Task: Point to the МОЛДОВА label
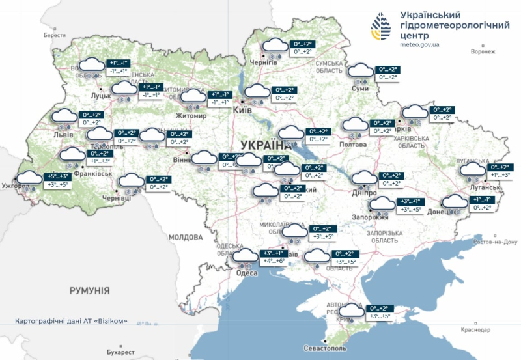[186, 237]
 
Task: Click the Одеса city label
[246, 273]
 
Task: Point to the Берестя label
[55, 35]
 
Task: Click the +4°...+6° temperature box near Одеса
[274, 261]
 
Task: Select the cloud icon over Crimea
[351, 311]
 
